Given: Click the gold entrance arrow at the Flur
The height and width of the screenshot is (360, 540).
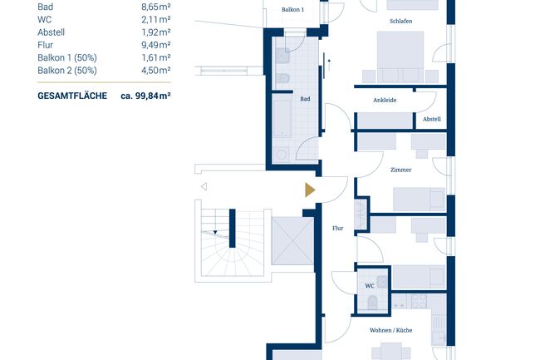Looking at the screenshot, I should (x=310, y=190).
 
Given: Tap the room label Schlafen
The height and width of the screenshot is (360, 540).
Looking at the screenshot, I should (x=400, y=21).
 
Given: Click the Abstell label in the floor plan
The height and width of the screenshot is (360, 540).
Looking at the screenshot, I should (x=432, y=119).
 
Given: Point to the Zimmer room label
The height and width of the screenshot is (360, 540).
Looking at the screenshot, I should (x=400, y=170).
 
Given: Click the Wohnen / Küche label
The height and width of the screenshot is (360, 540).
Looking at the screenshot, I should (x=391, y=330).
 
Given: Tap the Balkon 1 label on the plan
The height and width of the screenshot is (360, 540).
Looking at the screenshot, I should (x=292, y=9).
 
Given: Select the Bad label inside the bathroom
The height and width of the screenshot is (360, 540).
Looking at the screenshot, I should (x=305, y=97).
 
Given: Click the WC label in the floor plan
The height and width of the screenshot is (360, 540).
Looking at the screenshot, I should (x=369, y=285).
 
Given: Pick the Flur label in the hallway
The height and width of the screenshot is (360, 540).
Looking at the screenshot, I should (x=337, y=228).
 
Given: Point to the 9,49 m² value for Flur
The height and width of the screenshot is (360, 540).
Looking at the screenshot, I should (x=155, y=44).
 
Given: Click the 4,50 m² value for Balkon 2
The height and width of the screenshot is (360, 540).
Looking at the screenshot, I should (x=155, y=71).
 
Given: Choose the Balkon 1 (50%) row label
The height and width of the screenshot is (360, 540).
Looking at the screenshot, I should (x=66, y=57).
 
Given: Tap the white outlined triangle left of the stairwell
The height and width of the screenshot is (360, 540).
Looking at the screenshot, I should (x=203, y=187).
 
